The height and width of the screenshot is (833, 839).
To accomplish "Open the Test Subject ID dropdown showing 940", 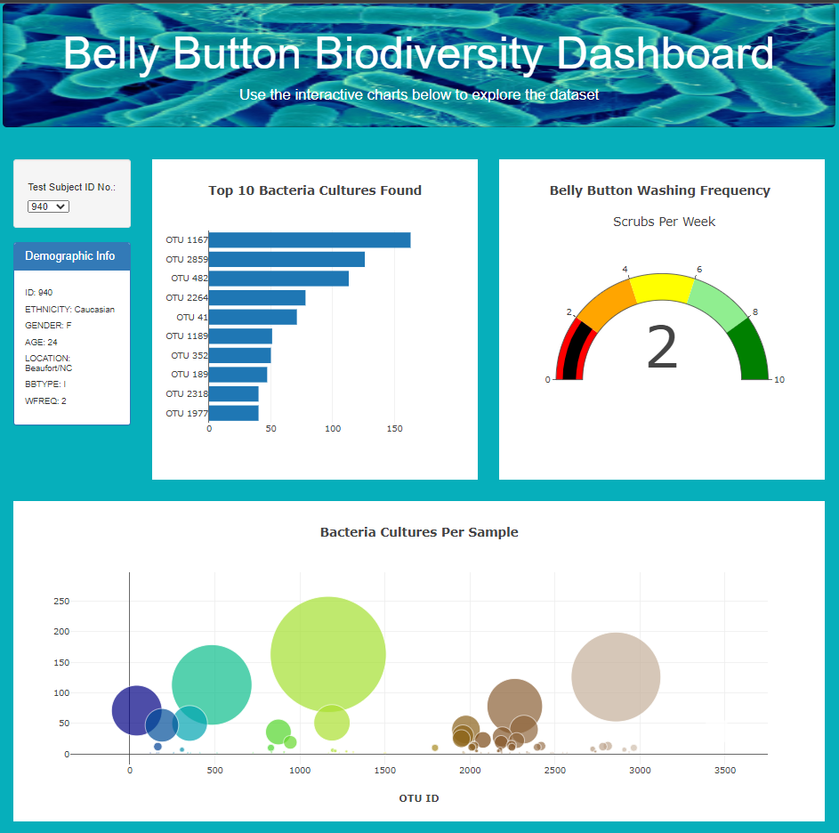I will point(48,206).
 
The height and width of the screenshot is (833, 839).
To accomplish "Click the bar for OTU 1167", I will point(309,240).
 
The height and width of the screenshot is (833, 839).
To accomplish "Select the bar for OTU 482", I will point(278,279).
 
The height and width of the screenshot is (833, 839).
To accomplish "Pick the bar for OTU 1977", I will point(233,413).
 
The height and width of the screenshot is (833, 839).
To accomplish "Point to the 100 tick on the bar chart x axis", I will point(333,429).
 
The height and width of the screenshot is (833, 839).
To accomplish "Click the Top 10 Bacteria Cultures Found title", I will point(315,190).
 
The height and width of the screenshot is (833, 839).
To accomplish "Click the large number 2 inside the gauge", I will point(662,348).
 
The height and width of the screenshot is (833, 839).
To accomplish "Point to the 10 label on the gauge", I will point(779,380).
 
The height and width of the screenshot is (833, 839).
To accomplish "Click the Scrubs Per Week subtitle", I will point(664,222).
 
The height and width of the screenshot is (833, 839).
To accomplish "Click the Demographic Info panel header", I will point(71,256).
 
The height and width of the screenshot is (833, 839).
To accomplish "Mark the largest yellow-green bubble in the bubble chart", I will point(327,654).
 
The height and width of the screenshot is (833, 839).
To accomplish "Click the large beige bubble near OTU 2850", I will point(616,676).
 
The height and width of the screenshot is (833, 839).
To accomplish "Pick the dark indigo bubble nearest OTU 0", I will point(135,710).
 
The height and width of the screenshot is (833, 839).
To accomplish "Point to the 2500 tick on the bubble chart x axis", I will point(554,771).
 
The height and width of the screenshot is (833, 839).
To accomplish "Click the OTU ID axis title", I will point(418,798).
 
